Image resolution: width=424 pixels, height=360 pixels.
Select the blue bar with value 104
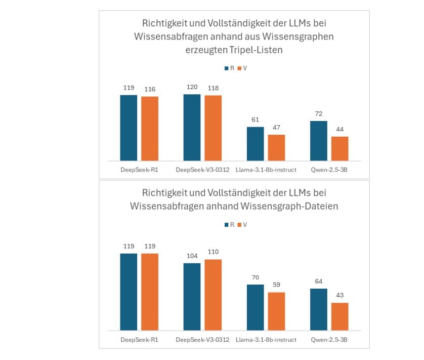click(x=192, y=297)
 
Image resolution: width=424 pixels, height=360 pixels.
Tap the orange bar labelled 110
click(x=213, y=295)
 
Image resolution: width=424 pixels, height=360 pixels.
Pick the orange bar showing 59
click(x=276, y=311)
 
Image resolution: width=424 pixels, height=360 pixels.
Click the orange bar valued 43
click(x=340, y=316)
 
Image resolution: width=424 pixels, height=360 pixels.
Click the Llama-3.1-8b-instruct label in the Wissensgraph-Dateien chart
click(x=266, y=339)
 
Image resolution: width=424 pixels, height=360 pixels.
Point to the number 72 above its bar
click(x=318, y=114)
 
